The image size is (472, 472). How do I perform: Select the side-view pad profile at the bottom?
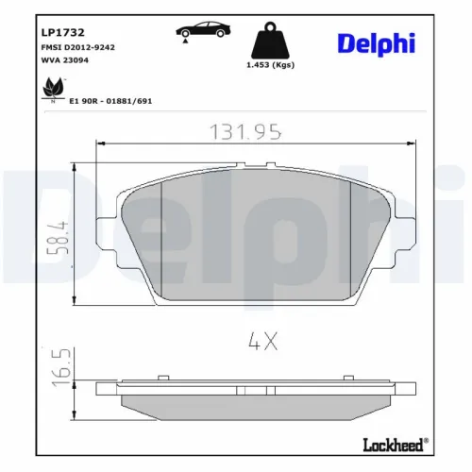(257, 402)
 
